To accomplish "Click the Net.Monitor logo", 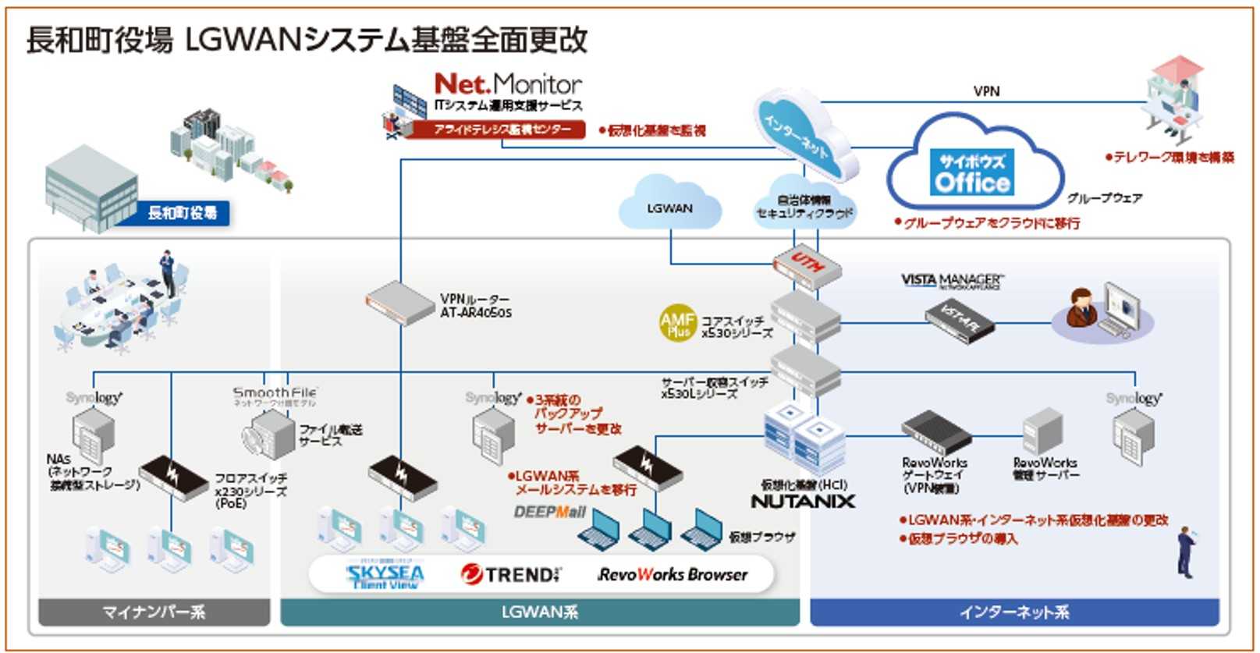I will pyautogui.click(x=507, y=83).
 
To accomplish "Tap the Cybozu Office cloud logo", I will pyautogui.click(x=972, y=172).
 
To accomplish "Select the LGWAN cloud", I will pyautogui.click(x=669, y=206).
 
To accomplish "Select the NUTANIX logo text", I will pyautogui.click(x=803, y=502).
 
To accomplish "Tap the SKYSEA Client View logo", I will pyautogui.click(x=385, y=576).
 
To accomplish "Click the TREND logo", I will pyautogui.click(x=511, y=575).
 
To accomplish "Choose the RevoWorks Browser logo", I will pyautogui.click(x=673, y=575).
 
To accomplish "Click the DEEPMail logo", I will pyautogui.click(x=549, y=513).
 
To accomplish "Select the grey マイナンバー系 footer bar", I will pyautogui.click(x=154, y=612).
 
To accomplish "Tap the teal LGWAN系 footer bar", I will pyautogui.click(x=539, y=612).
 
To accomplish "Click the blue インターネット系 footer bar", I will pyautogui.click(x=1013, y=612).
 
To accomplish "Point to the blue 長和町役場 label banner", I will pyautogui.click(x=183, y=212).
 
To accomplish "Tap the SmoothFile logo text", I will pyautogui.click(x=275, y=393).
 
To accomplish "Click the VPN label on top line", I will pyautogui.click(x=986, y=91).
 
